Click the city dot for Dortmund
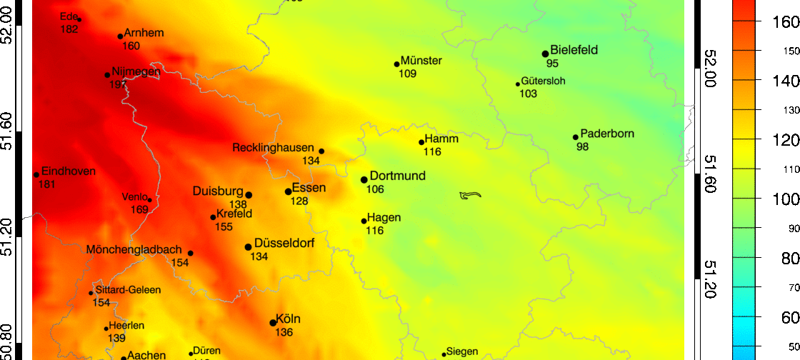point(364,180)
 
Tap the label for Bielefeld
point(574,50)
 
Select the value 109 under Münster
point(408,74)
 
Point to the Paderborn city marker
point(576,137)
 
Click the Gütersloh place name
point(543,81)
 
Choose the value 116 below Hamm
point(432,152)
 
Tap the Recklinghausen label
point(274,148)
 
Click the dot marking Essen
point(289,191)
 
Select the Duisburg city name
point(218,191)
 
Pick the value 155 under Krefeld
point(224,226)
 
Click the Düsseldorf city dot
point(249,247)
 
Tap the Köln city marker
point(273,323)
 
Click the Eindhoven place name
point(69,171)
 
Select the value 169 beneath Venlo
point(140,209)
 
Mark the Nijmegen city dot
point(107,75)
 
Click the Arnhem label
point(144,33)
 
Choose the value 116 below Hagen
point(374,231)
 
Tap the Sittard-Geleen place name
point(128,290)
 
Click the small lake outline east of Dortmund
point(471,195)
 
